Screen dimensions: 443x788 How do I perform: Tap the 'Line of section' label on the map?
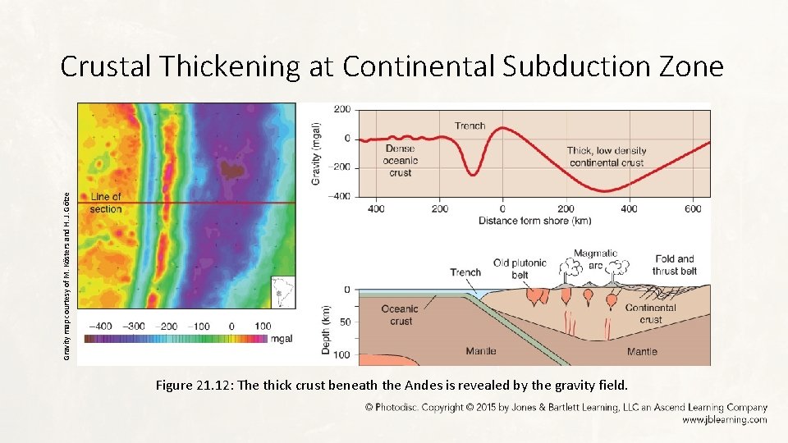coord(106,203)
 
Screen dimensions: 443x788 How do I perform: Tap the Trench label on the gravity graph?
coord(470,126)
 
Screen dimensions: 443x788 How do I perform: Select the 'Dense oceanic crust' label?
coord(401,161)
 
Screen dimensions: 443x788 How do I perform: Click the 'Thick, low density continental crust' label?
coord(607,157)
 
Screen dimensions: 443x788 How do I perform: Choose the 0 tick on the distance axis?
coord(502,209)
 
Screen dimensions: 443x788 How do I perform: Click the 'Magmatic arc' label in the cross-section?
coord(595,259)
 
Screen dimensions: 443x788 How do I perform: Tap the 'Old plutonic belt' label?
coord(520,268)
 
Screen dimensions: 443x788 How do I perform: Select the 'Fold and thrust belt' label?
coord(675,264)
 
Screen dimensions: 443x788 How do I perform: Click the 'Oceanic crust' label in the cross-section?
coord(401,315)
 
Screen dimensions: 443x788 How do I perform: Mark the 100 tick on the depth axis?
coord(341,354)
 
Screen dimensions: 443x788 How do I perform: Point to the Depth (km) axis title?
coord(326,331)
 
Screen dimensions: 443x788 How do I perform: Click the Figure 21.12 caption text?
coord(390,386)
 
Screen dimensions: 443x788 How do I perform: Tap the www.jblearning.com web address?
coord(724,419)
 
